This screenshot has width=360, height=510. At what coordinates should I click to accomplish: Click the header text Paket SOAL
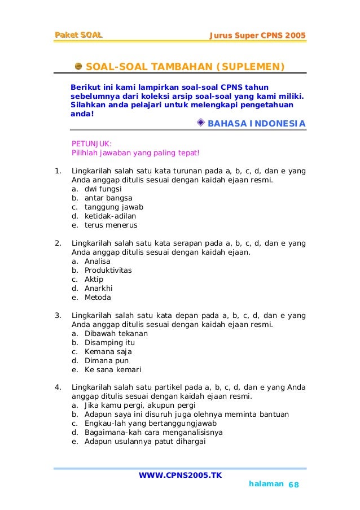pyautogui.click(x=78, y=36)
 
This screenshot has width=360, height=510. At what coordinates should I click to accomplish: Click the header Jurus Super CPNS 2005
pyautogui.click(x=257, y=36)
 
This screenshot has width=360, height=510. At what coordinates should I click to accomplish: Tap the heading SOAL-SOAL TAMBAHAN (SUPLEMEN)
pyautogui.click(x=185, y=68)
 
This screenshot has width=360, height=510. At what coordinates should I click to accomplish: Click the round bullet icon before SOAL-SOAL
pyautogui.click(x=78, y=67)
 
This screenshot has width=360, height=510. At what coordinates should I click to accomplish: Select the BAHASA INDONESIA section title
pyautogui.click(x=257, y=124)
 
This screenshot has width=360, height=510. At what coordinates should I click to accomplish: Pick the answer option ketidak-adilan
pyautogui.click(x=110, y=216)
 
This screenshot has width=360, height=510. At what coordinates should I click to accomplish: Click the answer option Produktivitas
pyautogui.click(x=108, y=271)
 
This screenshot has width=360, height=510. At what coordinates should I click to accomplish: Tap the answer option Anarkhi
pyautogui.click(x=99, y=289)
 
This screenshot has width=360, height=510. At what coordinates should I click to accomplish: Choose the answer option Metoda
pyautogui.click(x=98, y=298)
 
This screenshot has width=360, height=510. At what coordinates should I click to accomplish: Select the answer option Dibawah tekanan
pyautogui.click(x=116, y=334)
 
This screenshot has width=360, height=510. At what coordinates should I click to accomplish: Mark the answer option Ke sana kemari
pyautogui.click(x=113, y=370)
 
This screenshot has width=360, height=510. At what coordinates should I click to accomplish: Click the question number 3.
pyautogui.click(x=58, y=315)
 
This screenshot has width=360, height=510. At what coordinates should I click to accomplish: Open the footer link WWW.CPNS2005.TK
pyautogui.click(x=180, y=475)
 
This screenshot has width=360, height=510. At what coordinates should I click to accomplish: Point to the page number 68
pyautogui.click(x=294, y=486)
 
